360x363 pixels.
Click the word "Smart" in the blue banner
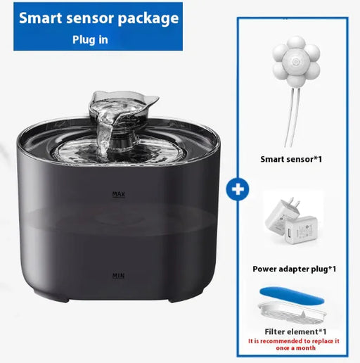pos(43,17)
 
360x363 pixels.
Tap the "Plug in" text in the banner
pos(90,39)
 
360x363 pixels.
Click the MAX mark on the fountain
pos(118,193)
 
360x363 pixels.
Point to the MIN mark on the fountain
pos(118,276)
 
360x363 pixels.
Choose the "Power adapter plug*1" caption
pos(294,269)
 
